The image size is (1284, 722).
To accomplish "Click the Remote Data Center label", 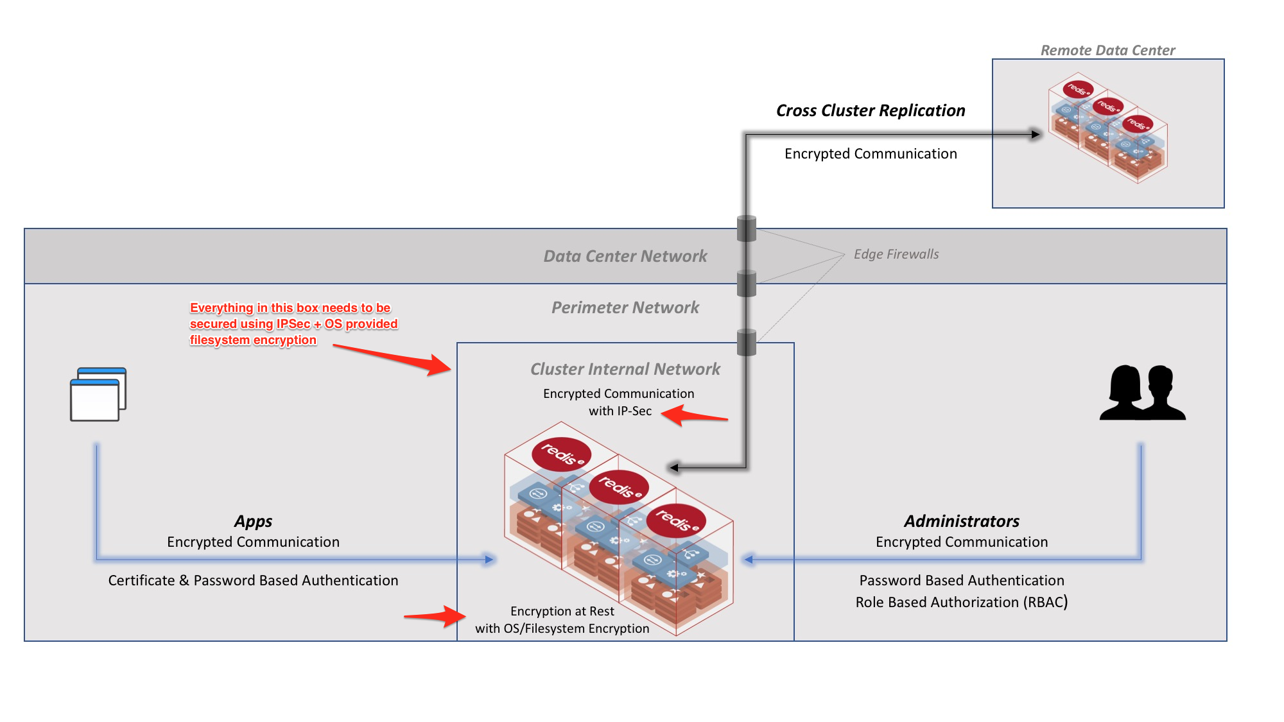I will pyautogui.click(x=1107, y=50).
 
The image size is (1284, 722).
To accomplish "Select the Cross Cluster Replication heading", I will pyautogui.click(x=870, y=110).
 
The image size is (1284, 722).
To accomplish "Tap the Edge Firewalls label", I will pyautogui.click(x=896, y=254).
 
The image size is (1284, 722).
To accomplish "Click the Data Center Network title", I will pyautogui.click(x=625, y=256).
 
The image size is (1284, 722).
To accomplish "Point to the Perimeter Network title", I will pyautogui.click(x=625, y=307).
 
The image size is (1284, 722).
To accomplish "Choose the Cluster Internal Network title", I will pyautogui.click(x=625, y=369).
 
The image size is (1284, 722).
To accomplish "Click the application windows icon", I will pyautogui.click(x=98, y=394).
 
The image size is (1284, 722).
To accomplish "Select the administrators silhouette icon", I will pyautogui.click(x=1142, y=393).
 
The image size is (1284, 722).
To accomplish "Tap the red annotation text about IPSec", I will pyautogui.click(x=293, y=323).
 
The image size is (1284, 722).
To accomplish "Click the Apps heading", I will pyautogui.click(x=253, y=521).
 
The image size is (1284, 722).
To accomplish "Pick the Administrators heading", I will pyautogui.click(x=961, y=521).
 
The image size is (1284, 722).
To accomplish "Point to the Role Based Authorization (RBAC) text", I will pyautogui.click(x=961, y=602).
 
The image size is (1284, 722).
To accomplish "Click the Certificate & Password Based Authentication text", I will pyautogui.click(x=253, y=580).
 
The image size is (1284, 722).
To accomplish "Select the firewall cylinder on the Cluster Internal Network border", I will pyautogui.click(x=747, y=342).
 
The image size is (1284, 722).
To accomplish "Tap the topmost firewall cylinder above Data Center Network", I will pyautogui.click(x=747, y=228).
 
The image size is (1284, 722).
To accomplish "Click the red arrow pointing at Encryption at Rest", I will pyautogui.click(x=435, y=616).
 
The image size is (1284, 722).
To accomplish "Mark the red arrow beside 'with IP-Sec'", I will pyautogui.click(x=693, y=415).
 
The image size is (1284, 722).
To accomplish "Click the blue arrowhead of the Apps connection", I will pyautogui.click(x=489, y=560).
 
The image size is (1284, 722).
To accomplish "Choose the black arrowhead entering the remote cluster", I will pyautogui.click(x=1035, y=134).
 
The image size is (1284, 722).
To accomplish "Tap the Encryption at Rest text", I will pyautogui.click(x=562, y=611).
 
